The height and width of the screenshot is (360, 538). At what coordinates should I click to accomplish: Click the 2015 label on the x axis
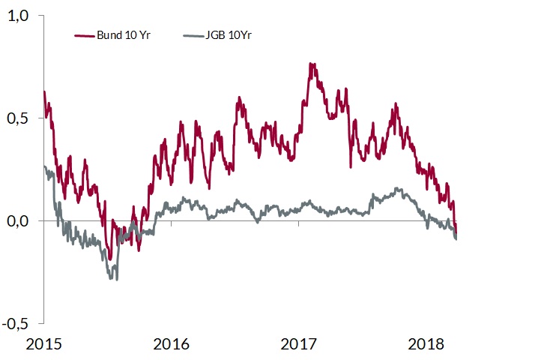click(x=43, y=346)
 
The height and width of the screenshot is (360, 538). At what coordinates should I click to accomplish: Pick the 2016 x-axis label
click(x=172, y=346)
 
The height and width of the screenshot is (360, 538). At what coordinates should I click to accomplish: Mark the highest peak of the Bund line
click(x=310, y=64)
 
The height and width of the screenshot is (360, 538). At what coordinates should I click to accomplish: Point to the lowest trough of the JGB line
click(x=116, y=279)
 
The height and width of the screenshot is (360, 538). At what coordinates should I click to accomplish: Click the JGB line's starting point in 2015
click(x=45, y=166)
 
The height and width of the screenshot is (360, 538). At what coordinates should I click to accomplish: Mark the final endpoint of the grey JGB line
click(x=456, y=238)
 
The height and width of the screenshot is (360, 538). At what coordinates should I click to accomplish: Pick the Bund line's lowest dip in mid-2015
click(x=109, y=259)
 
